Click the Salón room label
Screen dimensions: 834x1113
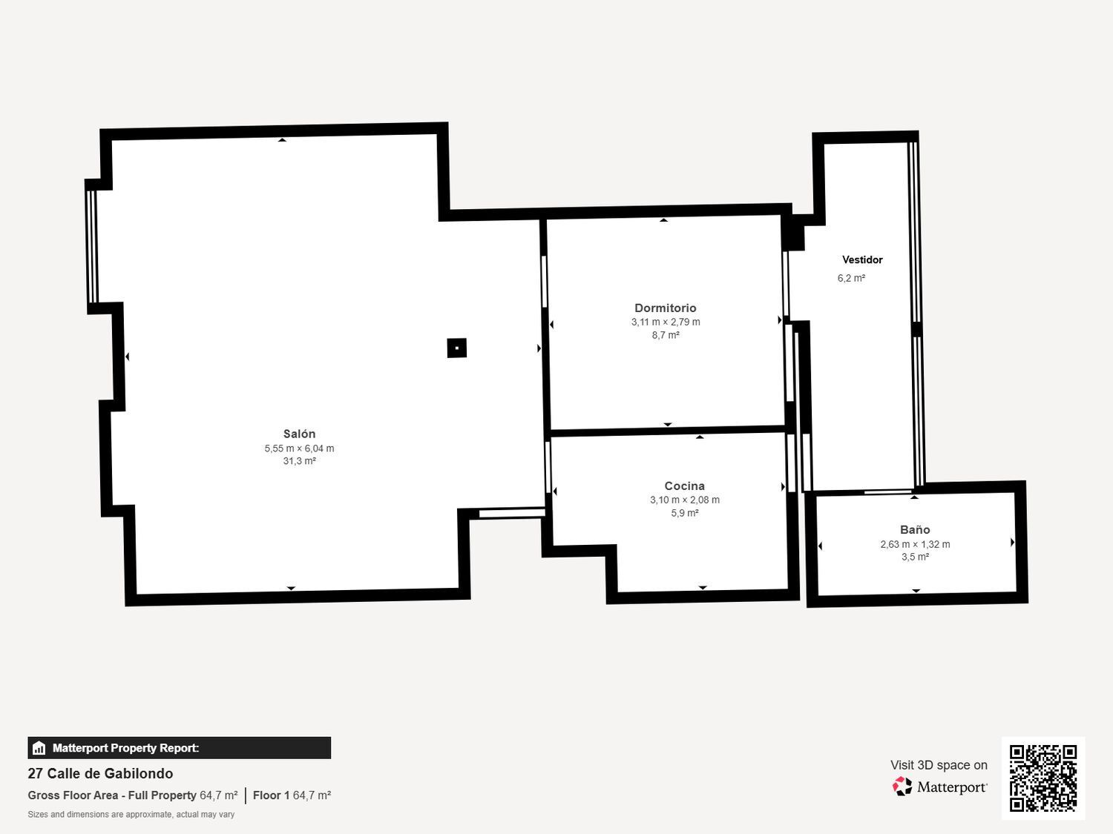(299, 434)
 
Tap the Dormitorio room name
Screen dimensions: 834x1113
(665, 308)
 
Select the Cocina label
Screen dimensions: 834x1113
(684, 486)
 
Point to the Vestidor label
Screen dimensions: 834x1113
(862, 259)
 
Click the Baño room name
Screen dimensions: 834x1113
(915, 529)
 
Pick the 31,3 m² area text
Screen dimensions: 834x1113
(299, 461)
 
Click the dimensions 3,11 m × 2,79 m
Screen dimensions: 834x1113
(666, 322)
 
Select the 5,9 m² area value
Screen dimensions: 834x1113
(684, 513)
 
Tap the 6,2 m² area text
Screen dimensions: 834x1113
(851, 278)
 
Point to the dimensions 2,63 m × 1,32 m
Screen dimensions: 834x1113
(915, 544)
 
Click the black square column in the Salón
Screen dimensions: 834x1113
(457, 348)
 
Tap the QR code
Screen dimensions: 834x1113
(1043, 778)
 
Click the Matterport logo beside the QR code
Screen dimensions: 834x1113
(939, 787)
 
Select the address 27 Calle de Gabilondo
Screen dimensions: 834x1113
(100, 773)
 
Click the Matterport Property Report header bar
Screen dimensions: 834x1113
(179, 747)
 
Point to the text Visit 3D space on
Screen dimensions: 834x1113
(939, 765)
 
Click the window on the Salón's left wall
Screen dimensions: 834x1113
(92, 247)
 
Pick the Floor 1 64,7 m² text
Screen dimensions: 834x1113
(292, 795)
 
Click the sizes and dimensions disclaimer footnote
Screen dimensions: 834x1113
(131, 815)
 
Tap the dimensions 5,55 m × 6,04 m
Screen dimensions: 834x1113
(299, 449)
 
